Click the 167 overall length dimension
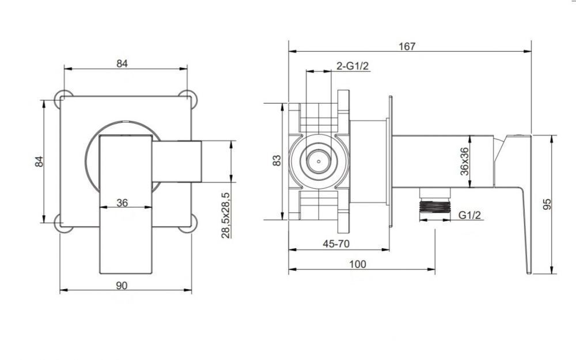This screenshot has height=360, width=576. pos(407,46)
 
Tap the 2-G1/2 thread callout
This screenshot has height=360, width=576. pos(353,66)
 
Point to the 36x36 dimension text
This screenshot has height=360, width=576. pos(464,161)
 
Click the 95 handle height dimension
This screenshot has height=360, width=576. pos(547,204)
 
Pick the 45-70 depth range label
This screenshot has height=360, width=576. pos(336,244)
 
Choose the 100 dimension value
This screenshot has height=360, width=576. pos(358,264)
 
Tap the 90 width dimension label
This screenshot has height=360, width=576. pos(122,286)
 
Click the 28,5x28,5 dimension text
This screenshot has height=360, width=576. pos(226,215)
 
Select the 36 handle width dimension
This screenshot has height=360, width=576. pos(122,202)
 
